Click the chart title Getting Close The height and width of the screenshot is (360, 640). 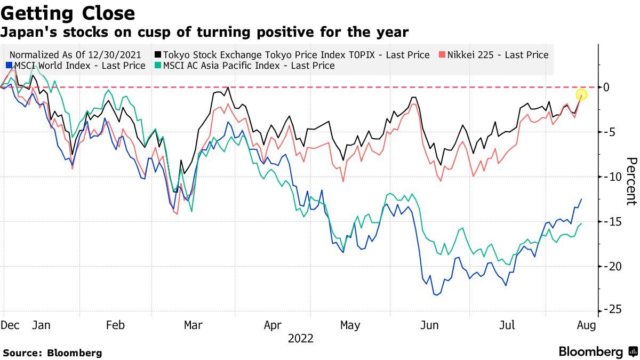pos(68,13)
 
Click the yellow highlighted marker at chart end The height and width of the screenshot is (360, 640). pos(581,95)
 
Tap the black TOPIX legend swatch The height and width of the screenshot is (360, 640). pos(158,54)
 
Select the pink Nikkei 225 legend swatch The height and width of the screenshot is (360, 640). pos(441,54)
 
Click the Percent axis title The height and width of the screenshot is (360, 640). pos(631,181)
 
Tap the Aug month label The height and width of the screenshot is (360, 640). pos(585,325)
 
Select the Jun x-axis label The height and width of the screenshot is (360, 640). pos(429,325)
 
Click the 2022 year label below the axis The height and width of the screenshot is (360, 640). pos(300,339)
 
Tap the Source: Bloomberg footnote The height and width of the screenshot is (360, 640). pos(52,353)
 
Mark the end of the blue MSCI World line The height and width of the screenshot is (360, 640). pos(581,199)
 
